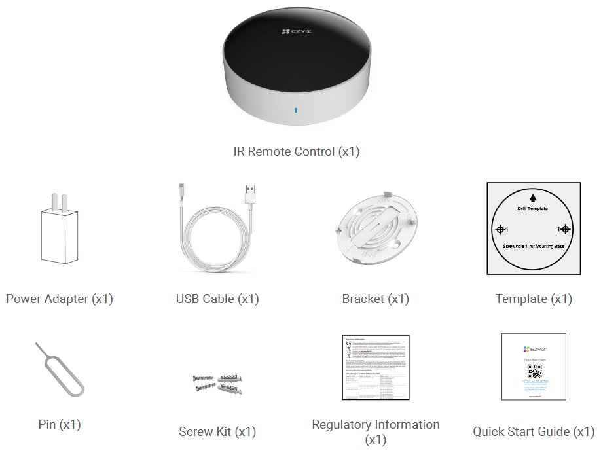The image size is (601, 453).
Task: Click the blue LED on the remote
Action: click(295, 111)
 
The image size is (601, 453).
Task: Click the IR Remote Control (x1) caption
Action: click(297, 151)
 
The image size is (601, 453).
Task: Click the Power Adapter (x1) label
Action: click(60, 299)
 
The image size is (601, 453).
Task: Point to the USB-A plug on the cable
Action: click(249, 194)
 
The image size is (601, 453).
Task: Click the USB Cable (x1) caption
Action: click(217, 299)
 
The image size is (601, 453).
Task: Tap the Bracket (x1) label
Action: click(375, 299)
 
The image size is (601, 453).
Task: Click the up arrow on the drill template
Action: click(533, 196)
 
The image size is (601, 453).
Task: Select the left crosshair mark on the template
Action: click(500, 229)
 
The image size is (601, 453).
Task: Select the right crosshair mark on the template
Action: click(565, 229)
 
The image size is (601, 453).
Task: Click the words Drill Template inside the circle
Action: click(533, 208)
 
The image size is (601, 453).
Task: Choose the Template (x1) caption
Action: click(534, 299)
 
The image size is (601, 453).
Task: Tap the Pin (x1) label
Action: click(60, 424)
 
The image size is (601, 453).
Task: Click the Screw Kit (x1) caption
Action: click(217, 432)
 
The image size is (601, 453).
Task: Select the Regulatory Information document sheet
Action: click(376, 367)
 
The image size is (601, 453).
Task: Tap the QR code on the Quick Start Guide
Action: click(534, 372)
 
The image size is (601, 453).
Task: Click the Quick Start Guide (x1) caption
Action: click(534, 432)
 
